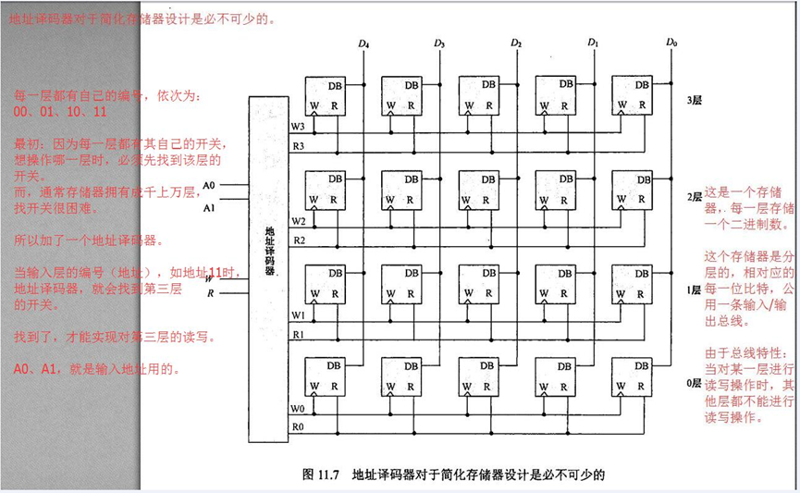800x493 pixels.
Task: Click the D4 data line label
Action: click(x=363, y=43)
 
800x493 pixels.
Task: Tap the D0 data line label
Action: click(x=671, y=43)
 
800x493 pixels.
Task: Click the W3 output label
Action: click(x=298, y=126)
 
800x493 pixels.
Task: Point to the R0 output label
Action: click(x=298, y=426)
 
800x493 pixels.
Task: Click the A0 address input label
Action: click(x=209, y=185)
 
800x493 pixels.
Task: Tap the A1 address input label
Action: click(x=209, y=208)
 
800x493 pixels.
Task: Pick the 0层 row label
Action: click(x=694, y=383)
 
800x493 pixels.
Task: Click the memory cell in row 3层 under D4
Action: click(x=326, y=95)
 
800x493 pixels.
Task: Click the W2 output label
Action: click(x=298, y=221)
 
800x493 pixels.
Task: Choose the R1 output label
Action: click(x=298, y=333)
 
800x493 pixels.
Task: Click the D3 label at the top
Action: click(x=439, y=43)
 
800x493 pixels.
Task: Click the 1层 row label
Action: click(x=694, y=290)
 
